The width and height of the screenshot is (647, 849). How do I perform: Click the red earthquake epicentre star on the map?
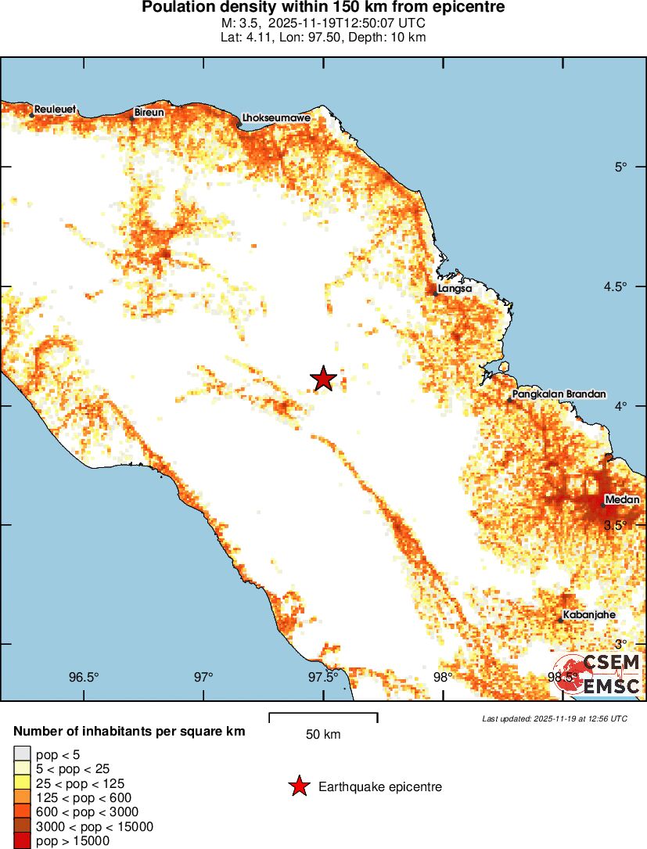click(x=323, y=379)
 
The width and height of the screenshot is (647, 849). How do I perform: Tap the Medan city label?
click(x=623, y=500)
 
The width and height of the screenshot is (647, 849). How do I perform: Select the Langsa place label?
click(x=455, y=288)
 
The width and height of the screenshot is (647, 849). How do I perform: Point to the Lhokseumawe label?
click(x=276, y=117)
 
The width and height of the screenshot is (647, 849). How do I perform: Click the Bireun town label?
click(x=149, y=113)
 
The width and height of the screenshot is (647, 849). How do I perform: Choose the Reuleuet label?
click(x=55, y=110)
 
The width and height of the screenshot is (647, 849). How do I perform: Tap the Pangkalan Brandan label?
click(x=559, y=394)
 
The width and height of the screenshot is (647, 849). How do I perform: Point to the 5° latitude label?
click(x=621, y=167)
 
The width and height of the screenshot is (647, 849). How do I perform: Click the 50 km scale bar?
click(x=323, y=714)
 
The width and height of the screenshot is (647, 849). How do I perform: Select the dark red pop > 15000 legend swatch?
click(x=21, y=841)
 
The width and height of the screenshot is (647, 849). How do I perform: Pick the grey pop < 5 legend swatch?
click(x=21, y=754)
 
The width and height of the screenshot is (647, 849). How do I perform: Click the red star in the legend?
click(x=298, y=787)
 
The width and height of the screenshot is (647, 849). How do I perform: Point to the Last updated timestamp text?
click(x=554, y=718)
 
